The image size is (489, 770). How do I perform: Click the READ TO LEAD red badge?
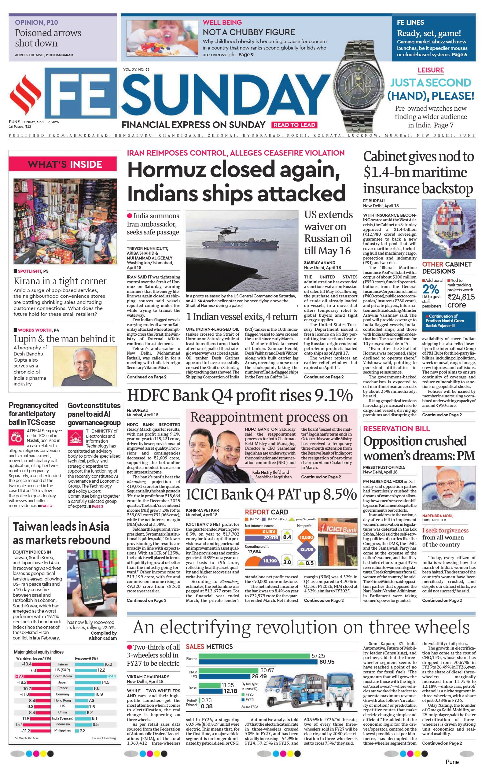[294, 125]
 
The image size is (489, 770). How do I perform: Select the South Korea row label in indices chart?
[62, 676]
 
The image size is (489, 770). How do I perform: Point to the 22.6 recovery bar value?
[111, 676]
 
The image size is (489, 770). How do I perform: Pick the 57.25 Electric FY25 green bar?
[254, 656]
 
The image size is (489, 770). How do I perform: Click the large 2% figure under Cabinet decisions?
[431, 289]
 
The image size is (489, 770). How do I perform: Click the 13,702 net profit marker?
[306, 549]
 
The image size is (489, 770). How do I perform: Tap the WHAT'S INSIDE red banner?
[65, 164]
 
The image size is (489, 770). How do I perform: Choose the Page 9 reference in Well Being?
[246, 55]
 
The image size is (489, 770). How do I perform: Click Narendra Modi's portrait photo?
[449, 488]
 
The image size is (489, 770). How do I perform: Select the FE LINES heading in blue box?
[410, 22]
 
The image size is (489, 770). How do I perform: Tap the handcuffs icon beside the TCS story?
[16, 437]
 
